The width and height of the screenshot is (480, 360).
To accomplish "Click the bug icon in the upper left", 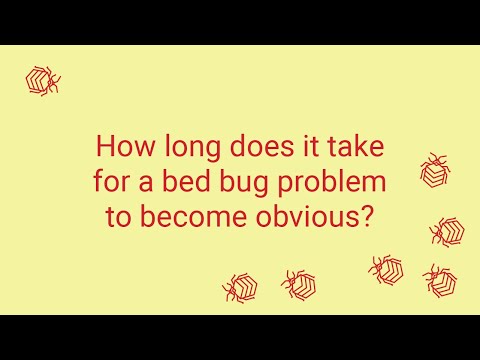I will [x=42, y=80].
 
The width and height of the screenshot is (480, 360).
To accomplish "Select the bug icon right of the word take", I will [x=435, y=170].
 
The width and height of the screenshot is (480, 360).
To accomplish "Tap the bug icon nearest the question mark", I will [x=446, y=231].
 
